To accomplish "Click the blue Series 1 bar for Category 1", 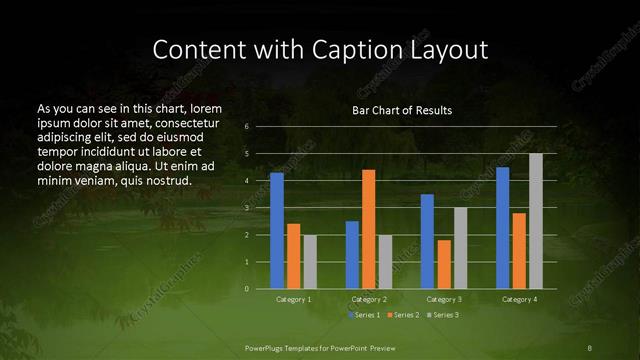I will pos(276,231).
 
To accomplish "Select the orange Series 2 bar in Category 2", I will pos(368,229).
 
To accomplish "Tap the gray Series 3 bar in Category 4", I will pos(535,221).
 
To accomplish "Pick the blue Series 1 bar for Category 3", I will pos(427,241).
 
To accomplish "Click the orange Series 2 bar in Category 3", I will pos(443,264).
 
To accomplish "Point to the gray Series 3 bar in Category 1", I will pos(309,261).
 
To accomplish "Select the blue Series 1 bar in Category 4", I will pos(502,228).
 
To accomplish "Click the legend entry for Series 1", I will pos(364,315).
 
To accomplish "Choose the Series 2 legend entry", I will pos(404,315).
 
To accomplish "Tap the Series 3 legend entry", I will pos(443,315).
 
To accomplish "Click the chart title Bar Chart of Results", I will pos(402,110).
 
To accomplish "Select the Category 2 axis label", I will pos(368,299).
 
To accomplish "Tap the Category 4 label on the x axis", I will pos(518,299).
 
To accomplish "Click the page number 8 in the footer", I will pos(590,346).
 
